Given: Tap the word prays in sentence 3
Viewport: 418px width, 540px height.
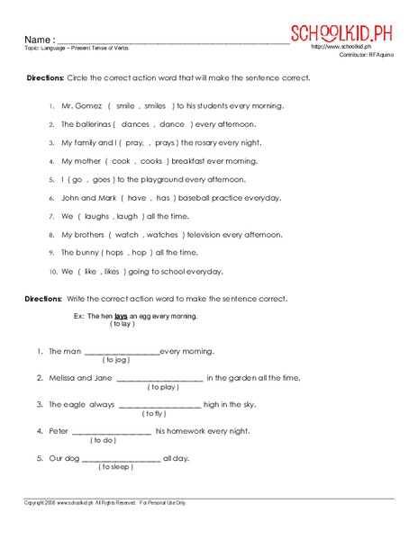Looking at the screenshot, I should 165,142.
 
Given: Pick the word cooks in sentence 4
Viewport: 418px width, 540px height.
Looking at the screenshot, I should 151,160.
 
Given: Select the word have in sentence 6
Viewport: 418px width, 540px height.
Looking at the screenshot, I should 137,197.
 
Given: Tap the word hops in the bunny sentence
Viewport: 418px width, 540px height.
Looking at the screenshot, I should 114,253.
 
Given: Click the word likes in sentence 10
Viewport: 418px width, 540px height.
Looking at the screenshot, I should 113,271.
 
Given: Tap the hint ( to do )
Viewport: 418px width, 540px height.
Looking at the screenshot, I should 103,440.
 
